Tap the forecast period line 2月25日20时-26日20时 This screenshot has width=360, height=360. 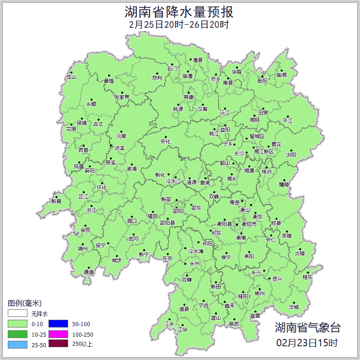[x=179, y=25]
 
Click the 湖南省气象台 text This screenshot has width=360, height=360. [x=307, y=328]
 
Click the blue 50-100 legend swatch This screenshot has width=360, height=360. [x=58, y=324]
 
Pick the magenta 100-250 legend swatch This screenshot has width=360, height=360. [x=58, y=334]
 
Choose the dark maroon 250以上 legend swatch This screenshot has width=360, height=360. [x=58, y=344]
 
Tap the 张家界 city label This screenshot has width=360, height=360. [x=122, y=97]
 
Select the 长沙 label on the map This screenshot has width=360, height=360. [x=239, y=153]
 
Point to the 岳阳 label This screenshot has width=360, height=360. [x=262, y=81]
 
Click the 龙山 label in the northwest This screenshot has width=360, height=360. [x=71, y=77]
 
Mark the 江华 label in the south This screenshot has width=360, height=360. [x=183, y=329]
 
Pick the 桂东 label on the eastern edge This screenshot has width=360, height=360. [x=307, y=277]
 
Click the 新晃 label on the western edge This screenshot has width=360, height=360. [x=56, y=201]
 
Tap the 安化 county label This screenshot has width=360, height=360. [x=165, y=142]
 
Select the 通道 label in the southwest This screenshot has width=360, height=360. [x=88, y=273]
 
